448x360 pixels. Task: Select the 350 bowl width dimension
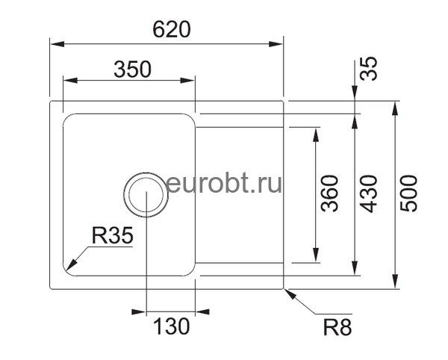pos(132,69)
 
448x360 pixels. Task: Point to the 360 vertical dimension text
pos(329,193)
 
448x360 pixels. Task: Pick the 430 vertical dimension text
pos(370,193)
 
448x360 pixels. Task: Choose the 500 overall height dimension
pos(410,193)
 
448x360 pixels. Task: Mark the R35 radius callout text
pos(112,237)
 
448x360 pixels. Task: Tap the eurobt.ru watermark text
pos(224,182)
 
